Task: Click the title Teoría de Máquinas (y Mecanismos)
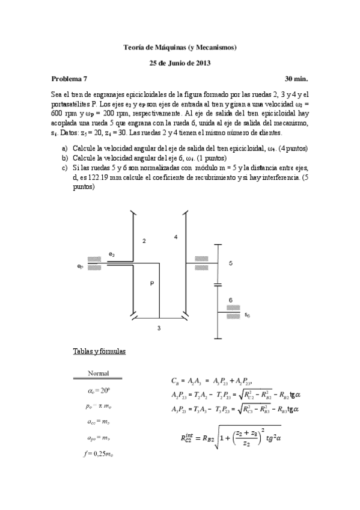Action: [180, 46]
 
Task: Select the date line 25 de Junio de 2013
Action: [180, 63]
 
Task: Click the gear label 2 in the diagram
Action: [144, 241]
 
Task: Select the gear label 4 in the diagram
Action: [175, 237]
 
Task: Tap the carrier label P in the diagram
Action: [152, 283]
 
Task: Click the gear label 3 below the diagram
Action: [159, 328]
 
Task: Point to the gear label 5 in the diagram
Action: [231, 263]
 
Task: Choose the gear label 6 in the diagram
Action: [231, 299]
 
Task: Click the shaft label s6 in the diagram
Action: [248, 315]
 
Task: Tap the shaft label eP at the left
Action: [80, 265]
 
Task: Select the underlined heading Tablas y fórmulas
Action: [99, 351]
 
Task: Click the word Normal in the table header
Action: [98, 373]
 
